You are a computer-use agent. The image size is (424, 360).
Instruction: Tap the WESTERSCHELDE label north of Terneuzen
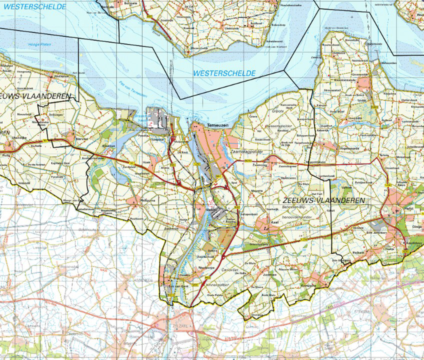(x=224, y=73)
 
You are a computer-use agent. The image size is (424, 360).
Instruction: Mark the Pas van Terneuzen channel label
(x=133, y=88)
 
